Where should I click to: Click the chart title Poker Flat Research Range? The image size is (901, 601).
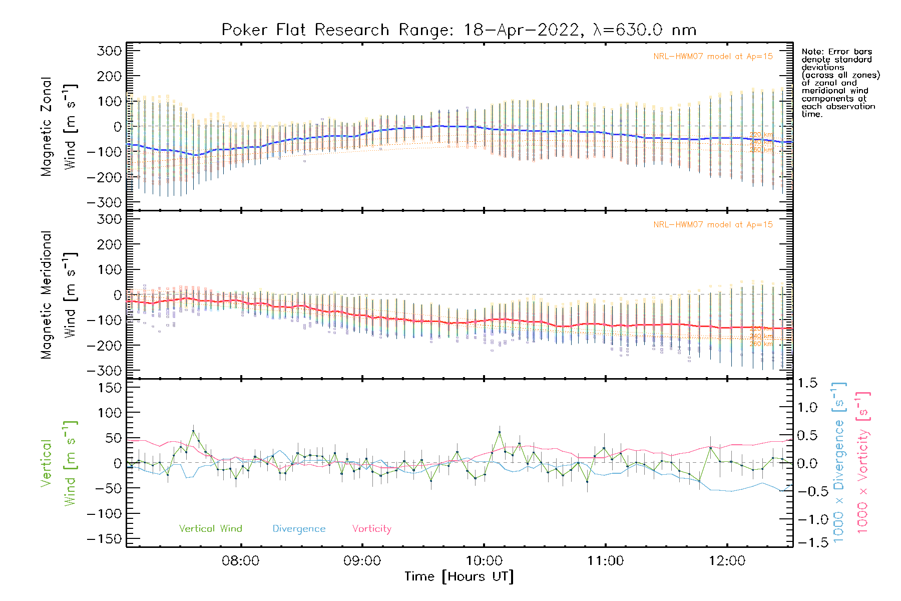[459, 30]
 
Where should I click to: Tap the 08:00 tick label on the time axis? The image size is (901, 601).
[241, 561]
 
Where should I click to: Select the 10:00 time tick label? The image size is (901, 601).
[484, 561]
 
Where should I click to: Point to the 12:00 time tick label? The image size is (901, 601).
[727, 561]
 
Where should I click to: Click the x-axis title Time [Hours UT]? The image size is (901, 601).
[459, 576]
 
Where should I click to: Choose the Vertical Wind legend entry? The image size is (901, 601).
[210, 528]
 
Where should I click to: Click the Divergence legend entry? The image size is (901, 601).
[299, 529]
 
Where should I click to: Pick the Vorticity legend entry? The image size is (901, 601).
[371, 528]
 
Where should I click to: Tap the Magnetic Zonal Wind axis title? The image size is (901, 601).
[59, 127]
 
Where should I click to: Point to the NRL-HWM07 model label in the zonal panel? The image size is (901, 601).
[713, 57]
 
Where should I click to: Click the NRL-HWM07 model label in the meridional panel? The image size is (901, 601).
[713, 225]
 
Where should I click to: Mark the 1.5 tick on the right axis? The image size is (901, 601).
[807, 383]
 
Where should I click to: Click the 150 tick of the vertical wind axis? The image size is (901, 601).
[110, 388]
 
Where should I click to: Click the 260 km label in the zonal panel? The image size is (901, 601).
[761, 150]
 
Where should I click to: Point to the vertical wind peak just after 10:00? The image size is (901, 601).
[499, 432]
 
